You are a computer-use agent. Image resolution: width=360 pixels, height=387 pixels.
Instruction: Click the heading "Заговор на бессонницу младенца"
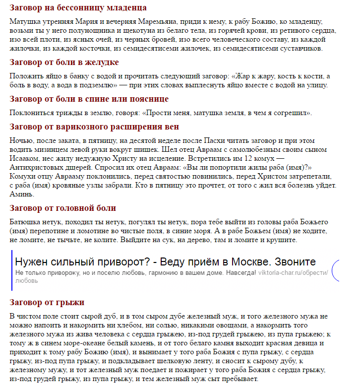(x=78, y=8)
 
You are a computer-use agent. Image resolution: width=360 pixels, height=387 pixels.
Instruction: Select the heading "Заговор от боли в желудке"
(x=64, y=63)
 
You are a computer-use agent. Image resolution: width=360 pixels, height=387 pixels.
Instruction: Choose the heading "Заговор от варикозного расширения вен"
(x=94, y=127)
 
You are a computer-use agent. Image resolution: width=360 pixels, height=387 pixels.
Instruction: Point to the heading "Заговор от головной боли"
(x=62, y=208)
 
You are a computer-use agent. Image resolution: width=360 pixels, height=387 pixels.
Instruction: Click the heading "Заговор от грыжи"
(x=47, y=302)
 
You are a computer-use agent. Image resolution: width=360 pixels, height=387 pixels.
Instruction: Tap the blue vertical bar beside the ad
(x=11, y=270)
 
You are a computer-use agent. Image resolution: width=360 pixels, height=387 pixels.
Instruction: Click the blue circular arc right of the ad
(x=335, y=270)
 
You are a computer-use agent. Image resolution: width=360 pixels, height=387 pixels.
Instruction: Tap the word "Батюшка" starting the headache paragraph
(x=25, y=222)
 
